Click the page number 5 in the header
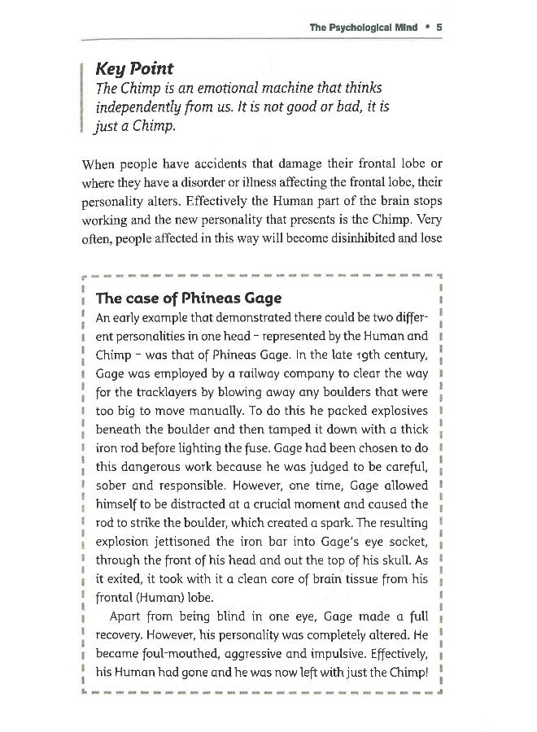pyautogui.click(x=439, y=26)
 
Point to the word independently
pyautogui.click(x=140, y=108)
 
